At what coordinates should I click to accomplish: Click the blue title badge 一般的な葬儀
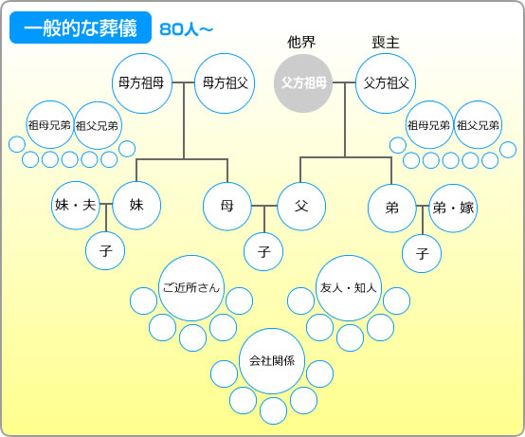81,27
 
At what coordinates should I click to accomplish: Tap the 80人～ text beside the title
186,29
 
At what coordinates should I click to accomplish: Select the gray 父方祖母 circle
303,83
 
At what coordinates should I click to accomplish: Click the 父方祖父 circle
386,83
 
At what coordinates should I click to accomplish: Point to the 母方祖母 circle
142,83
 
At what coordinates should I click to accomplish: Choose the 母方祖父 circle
225,83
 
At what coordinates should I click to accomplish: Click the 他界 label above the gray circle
301,43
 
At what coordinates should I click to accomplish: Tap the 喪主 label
386,43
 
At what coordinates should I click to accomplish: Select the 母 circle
227,207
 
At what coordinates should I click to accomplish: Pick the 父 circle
301,207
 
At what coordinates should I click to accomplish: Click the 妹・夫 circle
76,206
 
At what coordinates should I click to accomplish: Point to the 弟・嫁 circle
453,208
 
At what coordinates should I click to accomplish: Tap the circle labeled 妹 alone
136,206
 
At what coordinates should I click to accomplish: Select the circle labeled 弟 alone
392,208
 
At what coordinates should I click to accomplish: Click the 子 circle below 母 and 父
263,251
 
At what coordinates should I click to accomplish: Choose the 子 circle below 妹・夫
105,250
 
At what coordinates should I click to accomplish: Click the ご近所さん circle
191,288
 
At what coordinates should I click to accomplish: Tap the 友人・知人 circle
349,288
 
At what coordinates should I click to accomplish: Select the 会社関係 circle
272,361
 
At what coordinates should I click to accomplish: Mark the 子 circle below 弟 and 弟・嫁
422,253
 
